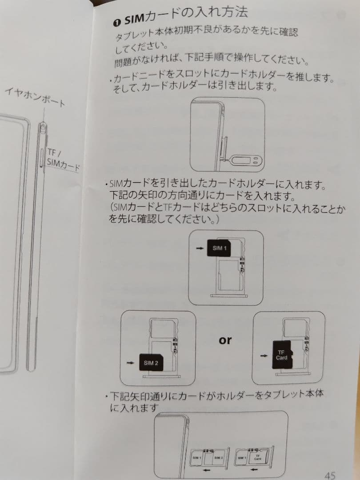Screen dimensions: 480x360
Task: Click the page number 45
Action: pyautogui.click(x=330, y=475)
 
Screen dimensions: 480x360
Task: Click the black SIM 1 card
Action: pyautogui.click(x=220, y=248)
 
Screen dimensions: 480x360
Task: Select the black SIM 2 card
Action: pyautogui.click(x=151, y=363)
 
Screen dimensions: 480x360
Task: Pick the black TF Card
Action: pyautogui.click(x=281, y=355)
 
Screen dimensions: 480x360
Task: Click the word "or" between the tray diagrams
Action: pyautogui.click(x=225, y=340)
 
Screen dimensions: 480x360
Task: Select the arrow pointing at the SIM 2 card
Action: pyautogui.click(x=130, y=363)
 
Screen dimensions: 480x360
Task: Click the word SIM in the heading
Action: pyautogui.click(x=133, y=20)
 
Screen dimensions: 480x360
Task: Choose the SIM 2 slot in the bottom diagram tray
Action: pyautogui.click(x=218, y=457)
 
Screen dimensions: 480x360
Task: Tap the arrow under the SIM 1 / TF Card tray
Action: pyautogui.click(x=254, y=469)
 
